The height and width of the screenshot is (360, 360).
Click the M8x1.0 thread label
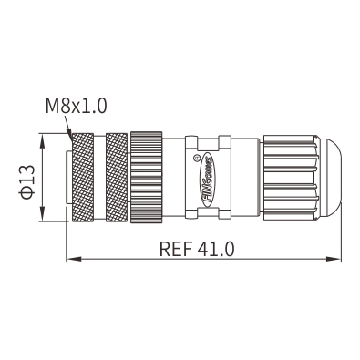[x=77, y=106]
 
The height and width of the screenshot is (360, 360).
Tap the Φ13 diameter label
[x=26, y=181]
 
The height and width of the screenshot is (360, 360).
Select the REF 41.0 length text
[x=197, y=249]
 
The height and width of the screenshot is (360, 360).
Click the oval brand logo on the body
[x=208, y=180]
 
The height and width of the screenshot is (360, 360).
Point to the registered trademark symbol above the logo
[x=196, y=158]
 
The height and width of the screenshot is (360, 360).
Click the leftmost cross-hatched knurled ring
[x=82, y=178]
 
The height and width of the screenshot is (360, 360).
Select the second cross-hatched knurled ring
[x=117, y=178]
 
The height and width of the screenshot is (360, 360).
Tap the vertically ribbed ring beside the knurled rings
[x=147, y=178]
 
